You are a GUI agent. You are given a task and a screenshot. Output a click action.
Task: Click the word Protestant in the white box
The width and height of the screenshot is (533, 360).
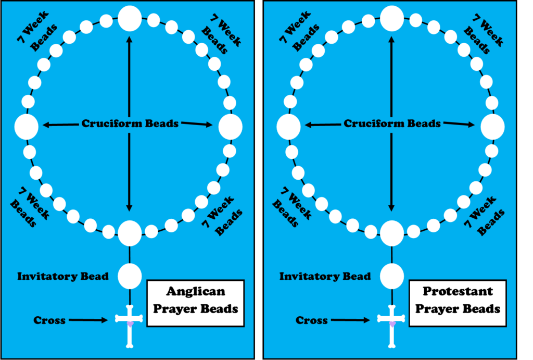458,291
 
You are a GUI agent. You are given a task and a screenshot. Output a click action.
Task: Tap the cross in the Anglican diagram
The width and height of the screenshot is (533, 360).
130,325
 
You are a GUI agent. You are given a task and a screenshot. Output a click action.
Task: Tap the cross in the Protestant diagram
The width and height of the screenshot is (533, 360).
392,325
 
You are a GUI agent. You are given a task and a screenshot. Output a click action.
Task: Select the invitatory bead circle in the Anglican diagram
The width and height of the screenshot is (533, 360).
130,276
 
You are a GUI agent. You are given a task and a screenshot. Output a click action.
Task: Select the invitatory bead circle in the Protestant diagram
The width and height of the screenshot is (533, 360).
392,276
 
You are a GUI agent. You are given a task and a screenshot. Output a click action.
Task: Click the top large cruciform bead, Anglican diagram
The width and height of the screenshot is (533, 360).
130,18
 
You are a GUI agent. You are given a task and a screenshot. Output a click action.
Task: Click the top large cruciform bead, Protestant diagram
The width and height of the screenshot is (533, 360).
392,18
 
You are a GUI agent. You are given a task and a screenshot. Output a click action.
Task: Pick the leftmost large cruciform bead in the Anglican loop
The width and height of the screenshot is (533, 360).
27,127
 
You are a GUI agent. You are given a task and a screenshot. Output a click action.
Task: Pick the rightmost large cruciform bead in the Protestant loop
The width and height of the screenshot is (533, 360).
492,127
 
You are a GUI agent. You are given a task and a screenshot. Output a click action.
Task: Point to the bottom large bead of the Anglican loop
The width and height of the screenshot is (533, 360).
130,233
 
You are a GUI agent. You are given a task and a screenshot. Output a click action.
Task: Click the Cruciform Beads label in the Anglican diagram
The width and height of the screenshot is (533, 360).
130,124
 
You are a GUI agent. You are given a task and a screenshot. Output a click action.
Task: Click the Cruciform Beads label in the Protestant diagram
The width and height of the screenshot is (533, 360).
392,124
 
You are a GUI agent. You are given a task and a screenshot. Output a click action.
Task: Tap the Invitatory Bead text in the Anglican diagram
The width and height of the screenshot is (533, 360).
63,276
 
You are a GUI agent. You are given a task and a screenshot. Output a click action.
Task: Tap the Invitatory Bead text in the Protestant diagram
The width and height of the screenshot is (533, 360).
325,276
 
